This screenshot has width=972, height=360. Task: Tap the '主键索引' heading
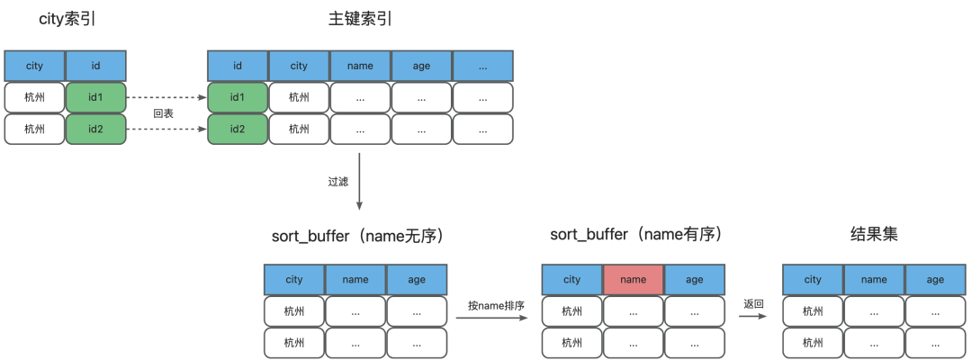[x=360, y=19]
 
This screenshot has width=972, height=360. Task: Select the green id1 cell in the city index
[x=96, y=97]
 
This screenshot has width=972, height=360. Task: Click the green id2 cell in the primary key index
[x=238, y=129]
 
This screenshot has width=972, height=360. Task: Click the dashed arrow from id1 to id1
[x=166, y=97]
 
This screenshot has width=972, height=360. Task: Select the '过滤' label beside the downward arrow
[x=337, y=182]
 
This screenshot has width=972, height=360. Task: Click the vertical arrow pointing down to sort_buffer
[x=359, y=181]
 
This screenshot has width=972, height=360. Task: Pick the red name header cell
[x=633, y=279]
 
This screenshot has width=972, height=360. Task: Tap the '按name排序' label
[x=491, y=305]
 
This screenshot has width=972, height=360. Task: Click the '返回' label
[x=754, y=304]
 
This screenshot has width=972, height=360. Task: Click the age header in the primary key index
[x=421, y=66]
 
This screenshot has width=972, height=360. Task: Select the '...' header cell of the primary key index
[x=483, y=66]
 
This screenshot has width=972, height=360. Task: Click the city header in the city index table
[x=35, y=66]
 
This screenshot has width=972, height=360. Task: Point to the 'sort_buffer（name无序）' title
[x=359, y=236]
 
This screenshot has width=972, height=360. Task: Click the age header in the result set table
[x=935, y=279]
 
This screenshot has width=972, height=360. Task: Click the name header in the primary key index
[x=360, y=66]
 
